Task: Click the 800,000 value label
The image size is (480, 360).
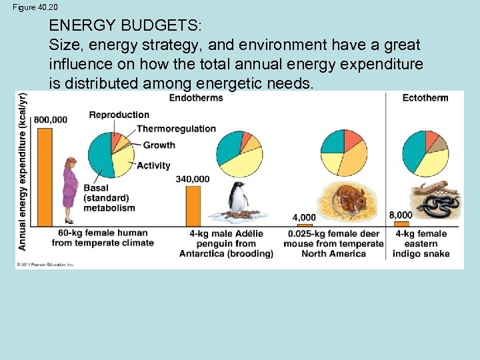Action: pyautogui.click(x=51, y=120)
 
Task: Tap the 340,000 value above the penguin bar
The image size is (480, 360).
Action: pyautogui.click(x=193, y=179)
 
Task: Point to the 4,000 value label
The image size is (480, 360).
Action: pyautogui.click(x=304, y=217)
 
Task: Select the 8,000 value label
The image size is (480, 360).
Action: pyautogui.click(x=401, y=215)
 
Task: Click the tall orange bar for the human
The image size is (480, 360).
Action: pyautogui.click(x=45, y=177)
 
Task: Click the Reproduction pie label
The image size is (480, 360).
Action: pyautogui.click(x=119, y=115)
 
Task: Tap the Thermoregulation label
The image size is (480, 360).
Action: pyautogui.click(x=176, y=129)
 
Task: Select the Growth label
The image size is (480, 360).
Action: pyautogui.click(x=159, y=145)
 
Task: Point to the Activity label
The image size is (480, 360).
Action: pyautogui.click(x=153, y=165)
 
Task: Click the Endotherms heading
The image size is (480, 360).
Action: pyautogui.click(x=195, y=98)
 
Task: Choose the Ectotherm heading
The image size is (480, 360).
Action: pyautogui.click(x=425, y=98)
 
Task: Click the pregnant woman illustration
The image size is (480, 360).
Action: pyautogui.click(x=69, y=190)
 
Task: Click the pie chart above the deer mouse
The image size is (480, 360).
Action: pyautogui.click(x=344, y=153)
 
